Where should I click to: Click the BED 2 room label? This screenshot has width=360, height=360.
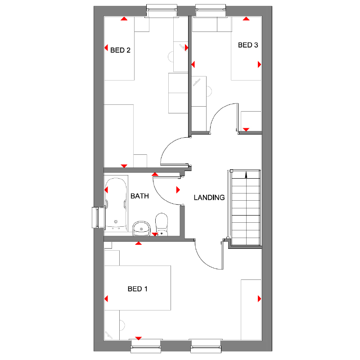pyautogui.click(x=120, y=50)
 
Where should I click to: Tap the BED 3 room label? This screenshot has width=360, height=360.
pyautogui.click(x=248, y=45)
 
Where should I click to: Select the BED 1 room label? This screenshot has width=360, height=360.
pyautogui.click(x=137, y=289)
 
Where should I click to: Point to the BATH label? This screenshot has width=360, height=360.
pyautogui.click(x=139, y=196)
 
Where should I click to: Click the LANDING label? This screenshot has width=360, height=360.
pyautogui.click(x=209, y=197)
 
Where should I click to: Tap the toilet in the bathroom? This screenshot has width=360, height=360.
pyautogui.click(x=161, y=224)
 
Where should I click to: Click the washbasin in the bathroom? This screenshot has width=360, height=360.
pyautogui.click(x=141, y=228)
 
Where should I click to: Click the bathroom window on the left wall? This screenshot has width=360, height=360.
pyautogui.click(x=96, y=217)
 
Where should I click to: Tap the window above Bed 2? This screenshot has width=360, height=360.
pyautogui.click(x=163, y=10)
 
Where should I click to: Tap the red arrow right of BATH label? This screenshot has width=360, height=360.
pyautogui.click(x=178, y=190)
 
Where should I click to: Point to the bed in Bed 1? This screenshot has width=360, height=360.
pyautogui.click(x=137, y=288)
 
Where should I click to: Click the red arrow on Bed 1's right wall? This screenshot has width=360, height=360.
pyautogui.click(x=259, y=298)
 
